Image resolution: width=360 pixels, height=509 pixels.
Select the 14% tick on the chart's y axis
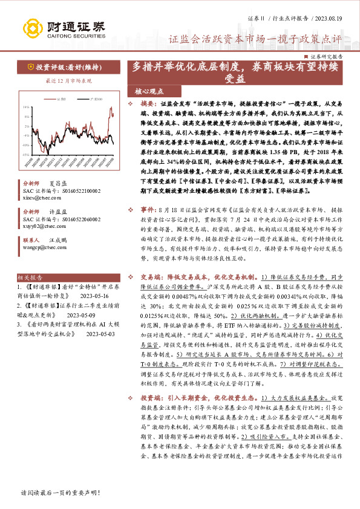point(26,107)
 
